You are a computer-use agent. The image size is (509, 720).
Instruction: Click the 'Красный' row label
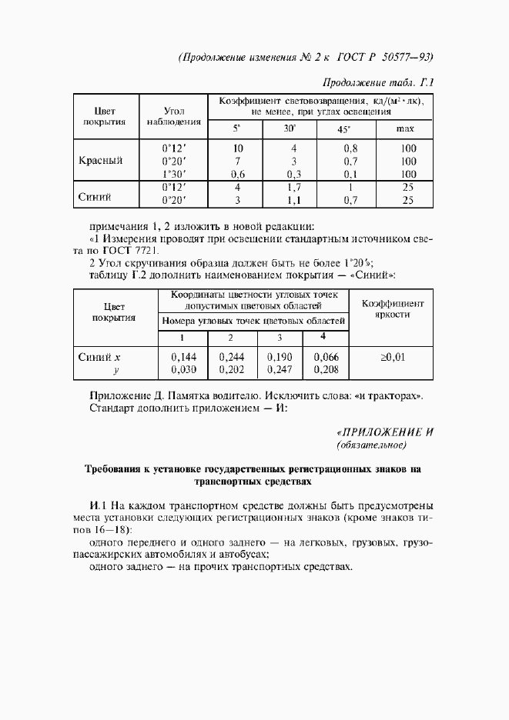(x=101, y=161)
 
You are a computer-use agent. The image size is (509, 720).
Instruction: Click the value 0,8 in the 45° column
(x=350, y=148)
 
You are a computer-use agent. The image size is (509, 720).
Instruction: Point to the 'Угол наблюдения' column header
(x=173, y=115)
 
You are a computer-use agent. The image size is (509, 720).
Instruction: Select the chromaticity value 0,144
(x=183, y=356)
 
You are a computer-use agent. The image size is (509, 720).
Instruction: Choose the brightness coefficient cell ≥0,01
(x=392, y=356)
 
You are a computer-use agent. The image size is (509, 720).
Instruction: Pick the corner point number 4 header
(x=323, y=337)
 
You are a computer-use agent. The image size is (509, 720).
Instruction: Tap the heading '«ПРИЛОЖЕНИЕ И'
(x=386, y=431)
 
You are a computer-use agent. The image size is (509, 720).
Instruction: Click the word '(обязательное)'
(x=371, y=445)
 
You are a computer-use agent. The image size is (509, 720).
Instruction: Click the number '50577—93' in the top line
(x=404, y=56)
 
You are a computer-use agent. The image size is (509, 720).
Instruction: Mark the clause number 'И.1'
(x=99, y=505)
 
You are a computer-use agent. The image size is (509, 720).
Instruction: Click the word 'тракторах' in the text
(x=394, y=395)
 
